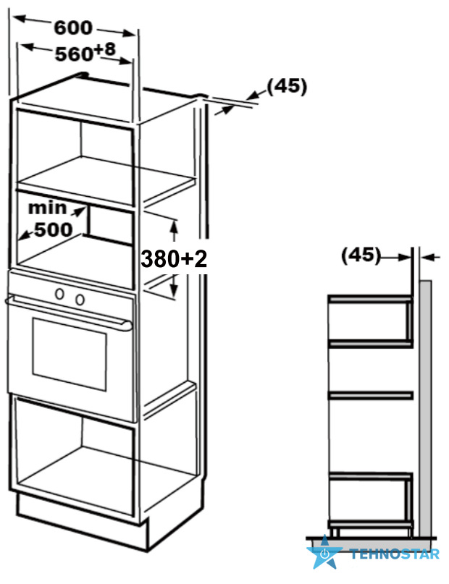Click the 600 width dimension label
pos(73,27)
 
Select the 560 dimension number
pos(74,54)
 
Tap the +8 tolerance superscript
pos(105,49)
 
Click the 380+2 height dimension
pos(174,258)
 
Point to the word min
pos(47,208)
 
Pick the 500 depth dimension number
pos(54,229)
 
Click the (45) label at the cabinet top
pos(287,86)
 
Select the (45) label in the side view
pos(361,255)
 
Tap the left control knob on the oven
pos(59,294)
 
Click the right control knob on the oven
pos(80,299)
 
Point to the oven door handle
pos(69,312)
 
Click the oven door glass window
pos(70,354)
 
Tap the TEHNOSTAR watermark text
pos(395,554)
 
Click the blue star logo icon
pos(324,553)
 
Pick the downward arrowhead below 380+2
pos(174,290)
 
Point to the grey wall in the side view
pos(425,409)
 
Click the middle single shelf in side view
pos(370,395)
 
